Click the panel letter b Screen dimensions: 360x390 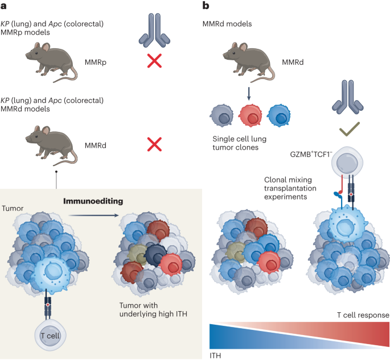[206, 6]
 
